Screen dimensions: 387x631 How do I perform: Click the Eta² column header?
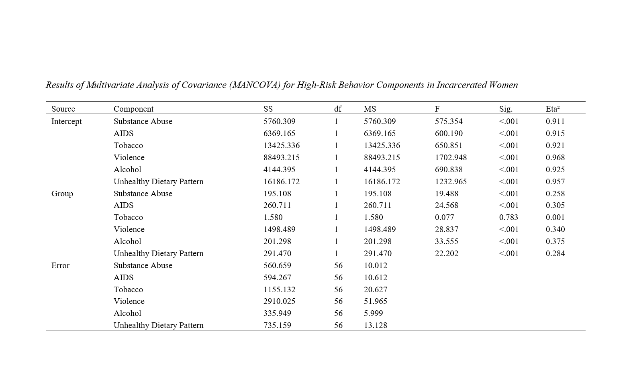pyautogui.click(x=553, y=109)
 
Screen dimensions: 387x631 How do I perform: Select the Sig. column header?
pyautogui.click(x=506, y=109)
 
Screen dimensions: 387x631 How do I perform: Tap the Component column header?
pyautogui.click(x=133, y=109)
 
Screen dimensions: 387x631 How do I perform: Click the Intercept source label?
pyautogui.click(x=66, y=121)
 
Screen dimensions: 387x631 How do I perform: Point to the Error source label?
pyautogui.click(x=60, y=265)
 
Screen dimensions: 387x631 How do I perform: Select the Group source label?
pyautogui.click(x=62, y=193)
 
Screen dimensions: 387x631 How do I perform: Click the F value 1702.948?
pyautogui.click(x=451, y=157)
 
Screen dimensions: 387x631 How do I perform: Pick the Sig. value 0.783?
pyautogui.click(x=508, y=217)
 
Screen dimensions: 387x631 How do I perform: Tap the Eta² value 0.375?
pyautogui.click(x=555, y=241)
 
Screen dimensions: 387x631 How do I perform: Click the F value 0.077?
pyautogui.click(x=444, y=217)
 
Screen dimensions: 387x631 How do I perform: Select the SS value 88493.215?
pyautogui.click(x=281, y=157)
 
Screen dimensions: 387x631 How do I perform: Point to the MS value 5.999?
pyautogui.click(x=373, y=313)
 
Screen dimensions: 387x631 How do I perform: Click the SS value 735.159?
pyautogui.click(x=277, y=325)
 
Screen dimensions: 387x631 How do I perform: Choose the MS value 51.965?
pyautogui.click(x=376, y=301)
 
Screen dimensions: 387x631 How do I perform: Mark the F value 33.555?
pyautogui.click(x=446, y=241)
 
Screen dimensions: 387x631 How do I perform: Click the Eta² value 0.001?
pyautogui.click(x=555, y=217)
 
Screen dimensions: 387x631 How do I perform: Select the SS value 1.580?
pyautogui.click(x=273, y=217)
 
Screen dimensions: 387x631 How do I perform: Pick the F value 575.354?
pyautogui.click(x=449, y=121)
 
